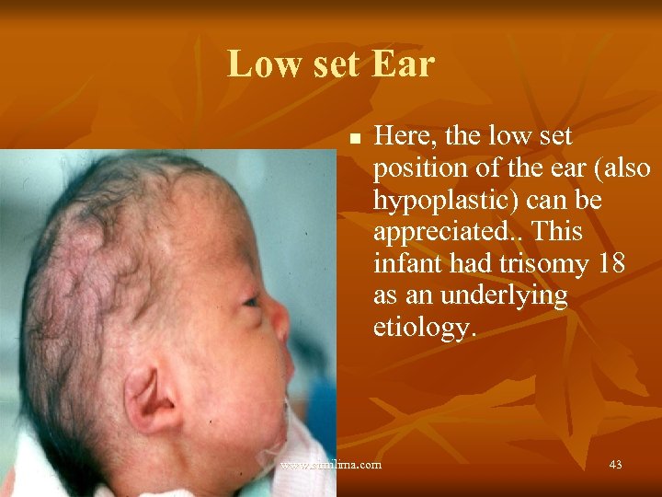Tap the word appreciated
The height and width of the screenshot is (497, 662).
[x=438, y=233]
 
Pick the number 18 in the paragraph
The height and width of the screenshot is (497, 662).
[x=611, y=265]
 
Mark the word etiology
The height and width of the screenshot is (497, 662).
[x=425, y=328]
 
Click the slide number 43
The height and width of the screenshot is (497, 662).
[x=615, y=465]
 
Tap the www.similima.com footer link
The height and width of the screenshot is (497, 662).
[x=331, y=465]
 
